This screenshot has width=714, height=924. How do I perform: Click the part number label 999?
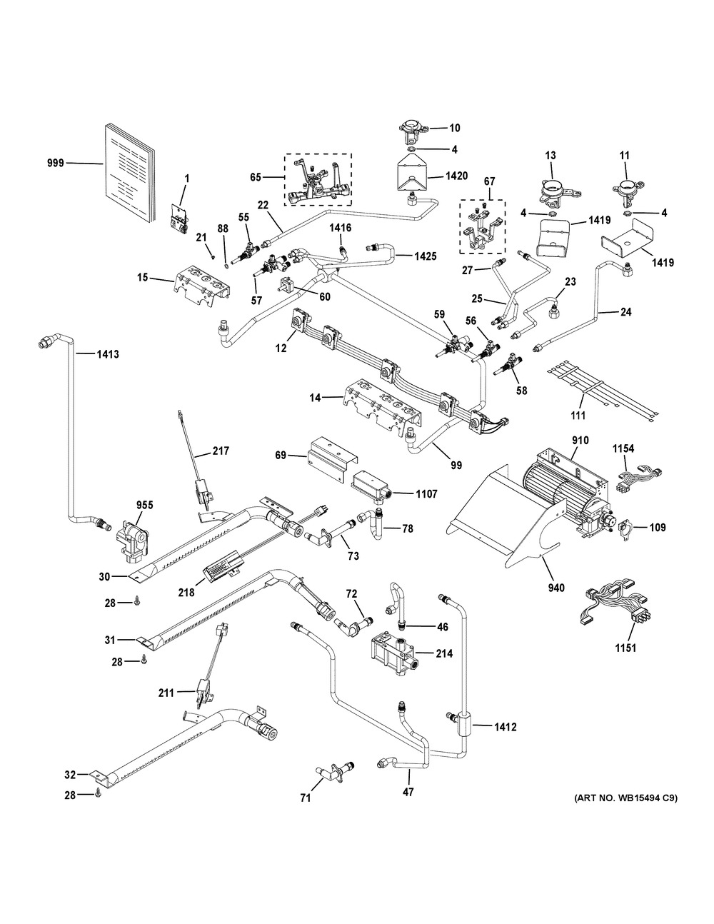point(55,163)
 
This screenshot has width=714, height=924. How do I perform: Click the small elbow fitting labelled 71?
point(332,773)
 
